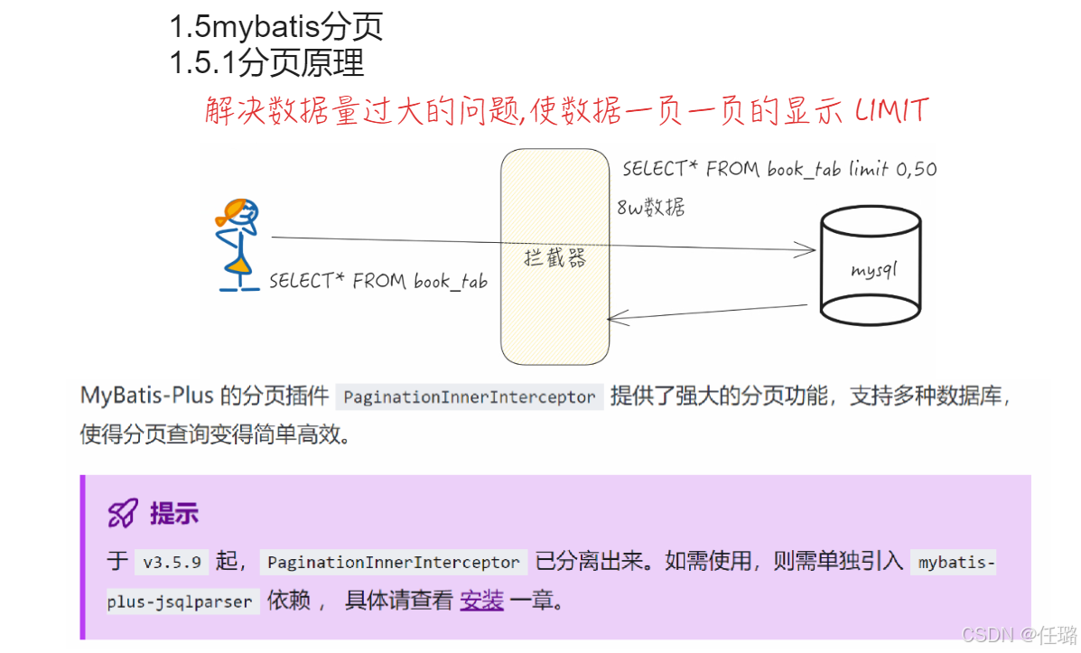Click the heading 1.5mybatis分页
276,26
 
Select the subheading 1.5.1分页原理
266,62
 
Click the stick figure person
238,244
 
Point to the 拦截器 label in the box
554,258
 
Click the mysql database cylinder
871,267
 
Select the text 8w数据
650,208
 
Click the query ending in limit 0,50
779,169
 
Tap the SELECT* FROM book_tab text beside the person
377,282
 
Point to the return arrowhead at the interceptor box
614,317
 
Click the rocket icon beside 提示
122,514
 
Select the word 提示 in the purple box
174,514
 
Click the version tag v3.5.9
172,562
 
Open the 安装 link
481,601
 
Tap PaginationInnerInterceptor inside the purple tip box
393,562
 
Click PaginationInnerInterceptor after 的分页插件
469,396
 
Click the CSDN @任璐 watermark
1019,636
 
